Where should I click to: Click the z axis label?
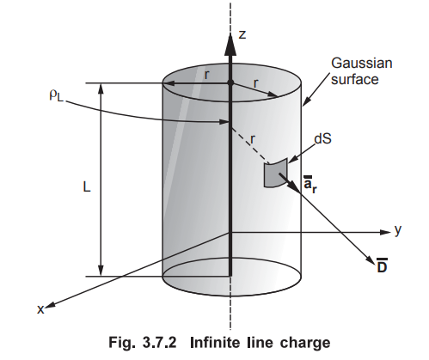coord(242,34)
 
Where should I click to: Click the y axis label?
coord(398,230)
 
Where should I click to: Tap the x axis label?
coord(40,309)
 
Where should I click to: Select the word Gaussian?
coord(362,64)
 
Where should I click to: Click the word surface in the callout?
coord(355,79)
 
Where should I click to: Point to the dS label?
coord(323,139)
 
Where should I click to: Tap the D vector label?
coord(382,265)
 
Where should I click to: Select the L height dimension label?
coord(87,187)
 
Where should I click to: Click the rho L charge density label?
coord(56,95)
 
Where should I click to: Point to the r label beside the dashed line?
coord(253,139)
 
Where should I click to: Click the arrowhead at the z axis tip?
coord(230,44)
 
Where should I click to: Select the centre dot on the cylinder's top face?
coord(230,83)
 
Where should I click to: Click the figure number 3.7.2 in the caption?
coord(158,343)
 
